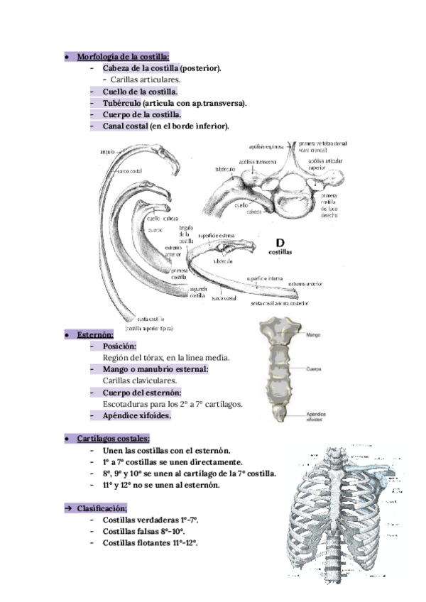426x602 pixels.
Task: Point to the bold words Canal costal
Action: point(125,126)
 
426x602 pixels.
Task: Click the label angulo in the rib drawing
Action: point(104,151)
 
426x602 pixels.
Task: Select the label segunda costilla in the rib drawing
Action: point(197,293)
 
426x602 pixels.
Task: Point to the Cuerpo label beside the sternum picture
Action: point(315,369)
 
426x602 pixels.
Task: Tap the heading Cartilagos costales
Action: point(113,439)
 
